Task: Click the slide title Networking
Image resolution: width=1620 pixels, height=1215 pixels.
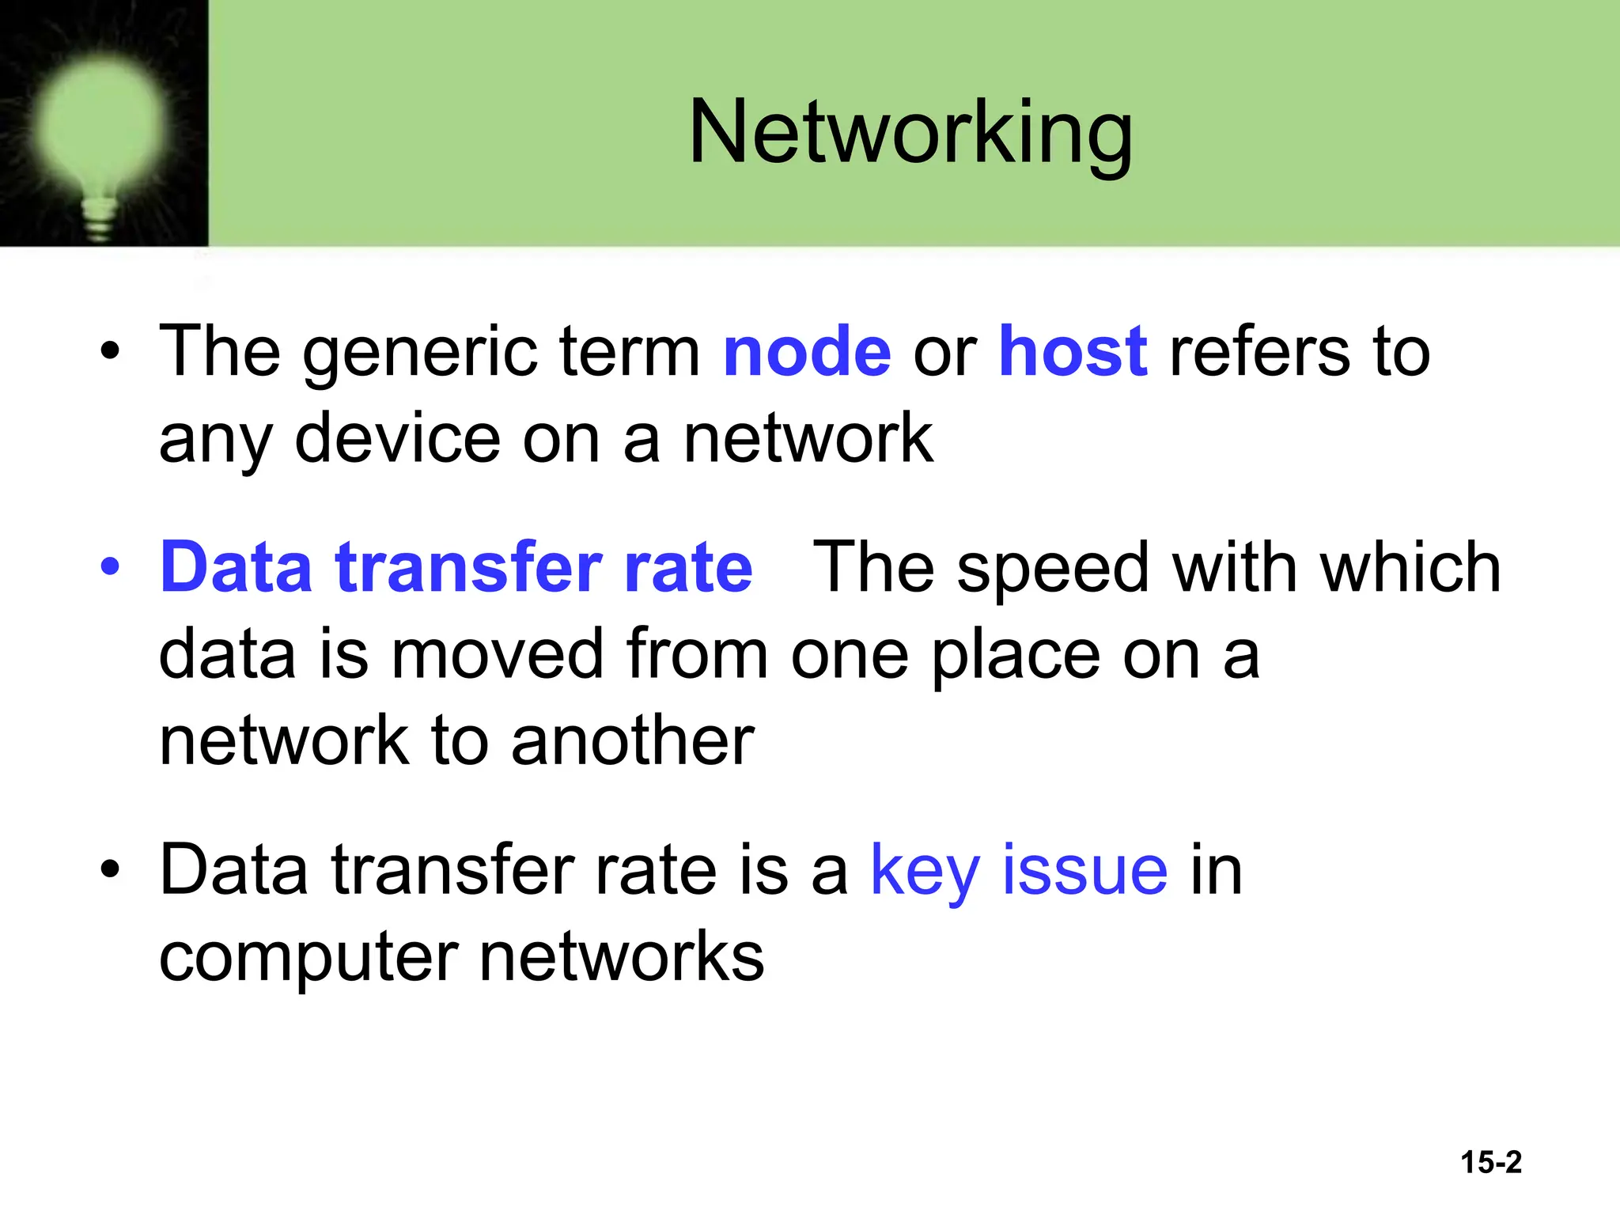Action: (910, 133)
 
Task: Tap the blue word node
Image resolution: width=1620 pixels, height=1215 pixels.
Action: (807, 352)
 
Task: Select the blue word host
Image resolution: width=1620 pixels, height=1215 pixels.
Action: (1073, 352)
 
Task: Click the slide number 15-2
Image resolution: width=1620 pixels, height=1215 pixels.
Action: (1490, 1162)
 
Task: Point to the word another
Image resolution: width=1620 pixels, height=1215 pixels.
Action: (633, 741)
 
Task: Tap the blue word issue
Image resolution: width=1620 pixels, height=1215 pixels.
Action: (1084, 870)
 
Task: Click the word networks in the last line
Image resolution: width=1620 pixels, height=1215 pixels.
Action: (622, 956)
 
